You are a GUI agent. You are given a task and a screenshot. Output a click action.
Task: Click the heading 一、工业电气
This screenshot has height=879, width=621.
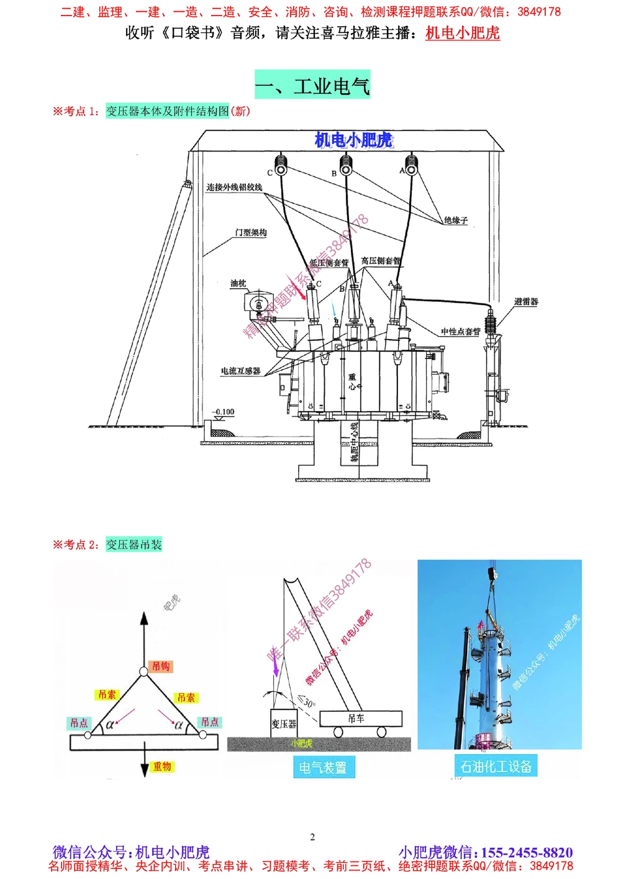(x=312, y=85)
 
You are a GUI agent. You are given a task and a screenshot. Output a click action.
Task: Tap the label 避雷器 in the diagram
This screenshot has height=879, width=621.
(x=525, y=302)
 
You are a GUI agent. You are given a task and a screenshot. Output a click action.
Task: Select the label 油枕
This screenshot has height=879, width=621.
(x=238, y=283)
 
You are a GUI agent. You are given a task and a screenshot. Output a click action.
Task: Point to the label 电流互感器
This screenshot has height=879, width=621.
(x=240, y=371)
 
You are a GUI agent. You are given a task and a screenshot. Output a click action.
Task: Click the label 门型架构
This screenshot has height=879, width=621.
(x=251, y=232)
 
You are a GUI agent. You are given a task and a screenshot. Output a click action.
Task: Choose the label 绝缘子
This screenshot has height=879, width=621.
(x=455, y=220)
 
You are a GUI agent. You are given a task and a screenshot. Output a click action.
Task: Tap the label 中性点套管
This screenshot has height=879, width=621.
(x=460, y=332)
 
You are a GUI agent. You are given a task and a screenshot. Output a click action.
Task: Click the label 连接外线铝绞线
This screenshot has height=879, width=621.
(x=234, y=187)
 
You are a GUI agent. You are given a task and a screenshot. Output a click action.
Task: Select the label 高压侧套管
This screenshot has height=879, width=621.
(x=381, y=261)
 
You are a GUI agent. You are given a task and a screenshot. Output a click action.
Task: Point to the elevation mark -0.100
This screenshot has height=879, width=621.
(x=224, y=412)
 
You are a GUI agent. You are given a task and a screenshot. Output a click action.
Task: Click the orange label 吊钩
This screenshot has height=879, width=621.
(x=161, y=666)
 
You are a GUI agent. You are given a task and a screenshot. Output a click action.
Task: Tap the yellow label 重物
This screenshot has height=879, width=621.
(x=162, y=767)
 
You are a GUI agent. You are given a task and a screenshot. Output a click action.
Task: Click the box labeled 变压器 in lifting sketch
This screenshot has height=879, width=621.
(x=284, y=724)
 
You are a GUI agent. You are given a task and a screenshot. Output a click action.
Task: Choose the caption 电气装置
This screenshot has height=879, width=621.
(x=322, y=768)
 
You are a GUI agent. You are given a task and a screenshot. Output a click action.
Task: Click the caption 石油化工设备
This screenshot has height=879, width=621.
(x=496, y=767)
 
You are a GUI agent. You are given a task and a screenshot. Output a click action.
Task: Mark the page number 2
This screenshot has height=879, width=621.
(x=312, y=837)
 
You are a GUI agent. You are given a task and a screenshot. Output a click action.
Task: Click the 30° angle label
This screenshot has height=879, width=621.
(x=308, y=702)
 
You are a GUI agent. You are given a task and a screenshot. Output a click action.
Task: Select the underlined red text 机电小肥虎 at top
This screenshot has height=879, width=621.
(x=462, y=33)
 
